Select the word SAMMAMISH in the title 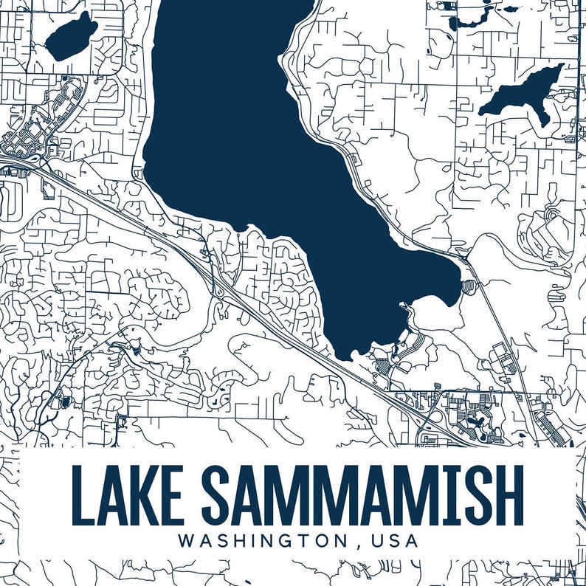coord(362,494)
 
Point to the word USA coord(395,540)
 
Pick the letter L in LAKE coord(83,494)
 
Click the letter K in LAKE coord(148,494)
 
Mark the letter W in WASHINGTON coord(187,540)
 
